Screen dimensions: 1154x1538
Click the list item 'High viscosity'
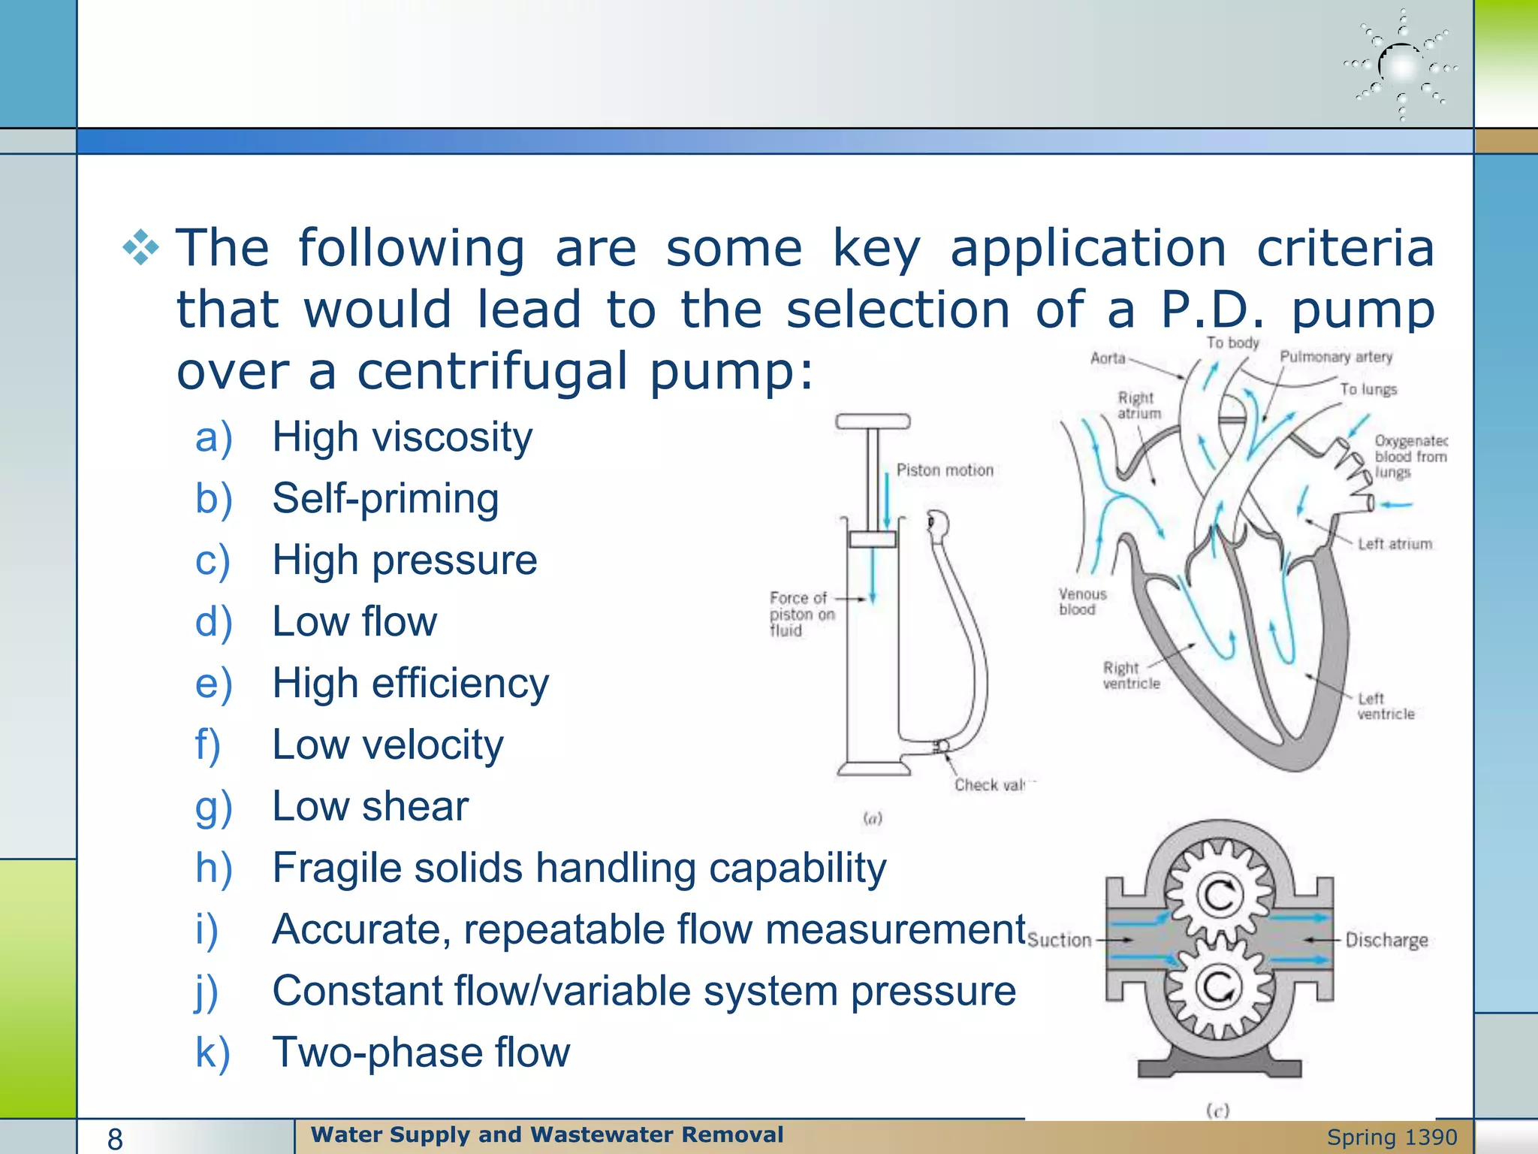[402, 437]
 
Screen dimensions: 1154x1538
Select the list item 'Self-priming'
[385, 499]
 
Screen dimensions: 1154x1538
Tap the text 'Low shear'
[370, 806]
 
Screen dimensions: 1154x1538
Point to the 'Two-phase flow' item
[421, 1052]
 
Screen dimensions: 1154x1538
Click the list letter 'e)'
[213, 684]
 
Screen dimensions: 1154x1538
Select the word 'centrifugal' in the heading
[491, 371]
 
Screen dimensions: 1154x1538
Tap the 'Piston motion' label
[944, 470]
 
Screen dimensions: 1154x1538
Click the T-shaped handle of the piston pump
[873, 421]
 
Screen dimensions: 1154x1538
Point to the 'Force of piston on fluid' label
[801, 614]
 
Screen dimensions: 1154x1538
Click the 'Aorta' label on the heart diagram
[1108, 358]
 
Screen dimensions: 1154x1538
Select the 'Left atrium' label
[1395, 544]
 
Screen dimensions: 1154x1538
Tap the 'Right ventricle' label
[1130, 675]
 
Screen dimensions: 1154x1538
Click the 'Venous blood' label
[1082, 602]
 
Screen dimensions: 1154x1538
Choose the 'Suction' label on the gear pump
[1059, 940]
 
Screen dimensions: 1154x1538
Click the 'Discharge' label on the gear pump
[1386, 940]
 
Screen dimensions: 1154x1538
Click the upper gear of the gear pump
[1219, 895]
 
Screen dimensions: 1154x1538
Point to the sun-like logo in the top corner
[1401, 66]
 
